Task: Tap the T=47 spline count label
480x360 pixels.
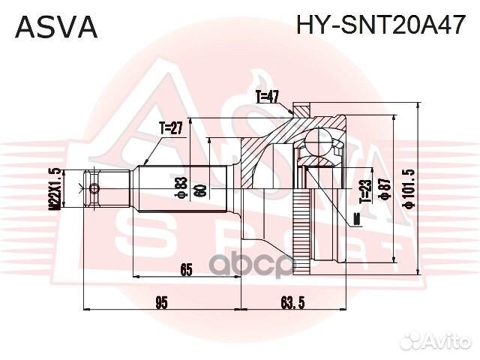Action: pyautogui.click(x=266, y=96)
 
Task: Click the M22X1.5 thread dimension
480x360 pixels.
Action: pyautogui.click(x=55, y=188)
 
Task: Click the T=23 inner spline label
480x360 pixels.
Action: pyautogui.click(x=364, y=191)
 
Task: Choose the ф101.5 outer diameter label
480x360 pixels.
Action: pyautogui.click(x=408, y=190)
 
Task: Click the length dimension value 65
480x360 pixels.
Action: pyautogui.click(x=187, y=268)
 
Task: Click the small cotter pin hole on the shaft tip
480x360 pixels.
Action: pyautogui.click(x=93, y=187)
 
